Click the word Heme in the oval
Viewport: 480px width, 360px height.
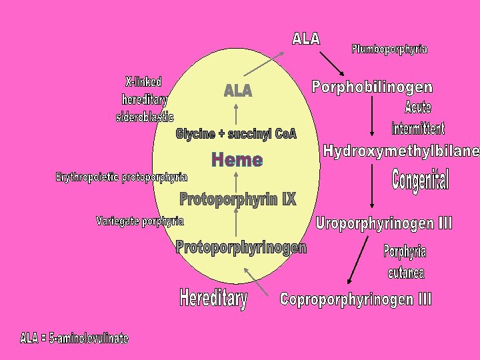coord(237,160)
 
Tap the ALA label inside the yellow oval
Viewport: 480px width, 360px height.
coord(238,90)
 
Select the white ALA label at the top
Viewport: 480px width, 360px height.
coord(306,39)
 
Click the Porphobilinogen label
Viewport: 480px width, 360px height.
coord(372,87)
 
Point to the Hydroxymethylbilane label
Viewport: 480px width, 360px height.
coord(401,151)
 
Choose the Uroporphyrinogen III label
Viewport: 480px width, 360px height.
coord(384,223)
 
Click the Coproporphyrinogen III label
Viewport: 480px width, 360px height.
coord(355,299)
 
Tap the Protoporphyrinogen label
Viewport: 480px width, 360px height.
coord(241,248)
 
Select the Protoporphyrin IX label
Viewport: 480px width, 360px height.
coord(237,199)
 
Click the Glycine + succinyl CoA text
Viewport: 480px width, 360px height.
coord(236,134)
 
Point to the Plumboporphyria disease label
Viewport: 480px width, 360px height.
coord(389,49)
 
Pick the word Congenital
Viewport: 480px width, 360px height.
coord(421,179)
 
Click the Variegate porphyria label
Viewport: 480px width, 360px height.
coord(140,221)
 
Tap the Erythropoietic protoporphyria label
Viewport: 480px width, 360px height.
coord(121,177)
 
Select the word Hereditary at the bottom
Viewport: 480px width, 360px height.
coord(213,298)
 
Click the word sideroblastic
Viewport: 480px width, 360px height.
coord(145,117)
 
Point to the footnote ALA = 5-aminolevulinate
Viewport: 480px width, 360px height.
coord(74,339)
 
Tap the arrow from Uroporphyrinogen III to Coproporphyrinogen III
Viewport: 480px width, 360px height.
coord(358,260)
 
